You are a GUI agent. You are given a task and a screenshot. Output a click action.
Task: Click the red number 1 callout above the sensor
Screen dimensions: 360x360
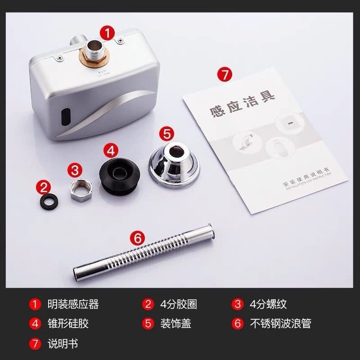(x=107, y=32)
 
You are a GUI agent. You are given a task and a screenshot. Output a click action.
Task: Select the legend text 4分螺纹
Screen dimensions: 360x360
(x=268, y=304)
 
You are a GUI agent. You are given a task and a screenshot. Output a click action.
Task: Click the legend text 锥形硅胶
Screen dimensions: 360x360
(x=68, y=324)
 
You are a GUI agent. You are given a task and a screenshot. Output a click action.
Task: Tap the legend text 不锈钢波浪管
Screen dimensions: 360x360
(x=280, y=324)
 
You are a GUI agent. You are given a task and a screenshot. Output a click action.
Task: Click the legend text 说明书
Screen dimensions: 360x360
(x=63, y=343)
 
